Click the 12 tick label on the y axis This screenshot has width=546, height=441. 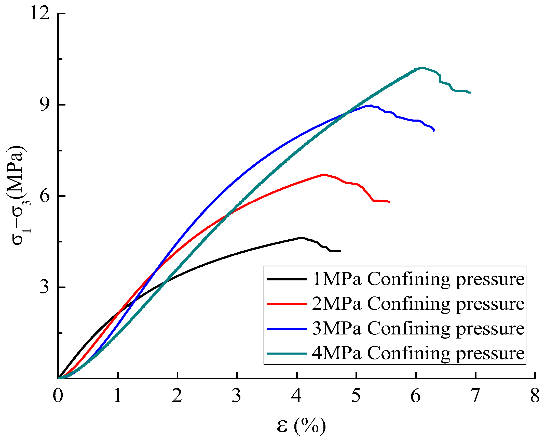click(x=39, y=13)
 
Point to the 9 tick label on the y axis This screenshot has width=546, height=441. click(x=44, y=105)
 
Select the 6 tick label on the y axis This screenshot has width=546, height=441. click(x=44, y=196)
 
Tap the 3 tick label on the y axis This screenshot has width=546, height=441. click(x=44, y=287)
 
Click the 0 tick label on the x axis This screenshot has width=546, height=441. click(x=58, y=396)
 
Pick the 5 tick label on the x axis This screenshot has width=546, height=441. click(x=356, y=396)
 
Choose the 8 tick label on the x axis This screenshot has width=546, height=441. click(x=535, y=396)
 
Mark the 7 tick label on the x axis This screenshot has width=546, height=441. click(x=475, y=396)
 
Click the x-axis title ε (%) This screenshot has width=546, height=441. click(x=301, y=425)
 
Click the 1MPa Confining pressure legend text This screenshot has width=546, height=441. click(x=418, y=279)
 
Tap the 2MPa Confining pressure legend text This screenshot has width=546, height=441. click(x=418, y=304)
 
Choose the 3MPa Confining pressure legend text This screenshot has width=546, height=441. click(x=418, y=329)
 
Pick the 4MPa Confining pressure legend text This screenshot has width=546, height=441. click(x=418, y=353)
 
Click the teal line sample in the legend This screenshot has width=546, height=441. click(x=287, y=353)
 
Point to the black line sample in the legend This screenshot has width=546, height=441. click(x=287, y=279)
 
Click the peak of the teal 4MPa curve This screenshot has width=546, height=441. click(x=422, y=68)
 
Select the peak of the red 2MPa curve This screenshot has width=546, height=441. click(x=324, y=175)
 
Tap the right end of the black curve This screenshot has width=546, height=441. click(x=340, y=251)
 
